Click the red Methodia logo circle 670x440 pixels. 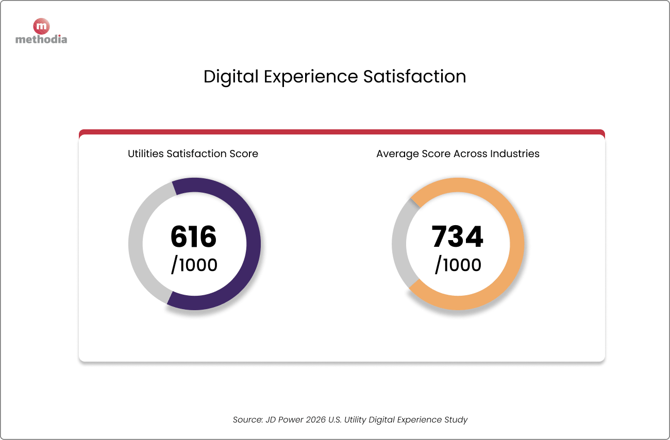[x=41, y=26]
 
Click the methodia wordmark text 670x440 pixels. [x=41, y=39]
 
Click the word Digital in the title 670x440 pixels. [x=231, y=77]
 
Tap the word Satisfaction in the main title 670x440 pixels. [x=414, y=77]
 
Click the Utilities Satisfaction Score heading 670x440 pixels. [x=193, y=154]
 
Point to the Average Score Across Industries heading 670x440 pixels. [x=458, y=154]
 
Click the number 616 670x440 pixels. [x=194, y=237]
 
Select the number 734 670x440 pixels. [x=458, y=237]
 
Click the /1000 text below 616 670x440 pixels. [x=194, y=265]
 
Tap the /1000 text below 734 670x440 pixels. [x=458, y=265]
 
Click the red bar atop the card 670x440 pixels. [x=342, y=132]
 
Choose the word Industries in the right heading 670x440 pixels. [x=515, y=154]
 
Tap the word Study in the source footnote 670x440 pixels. [x=456, y=419]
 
